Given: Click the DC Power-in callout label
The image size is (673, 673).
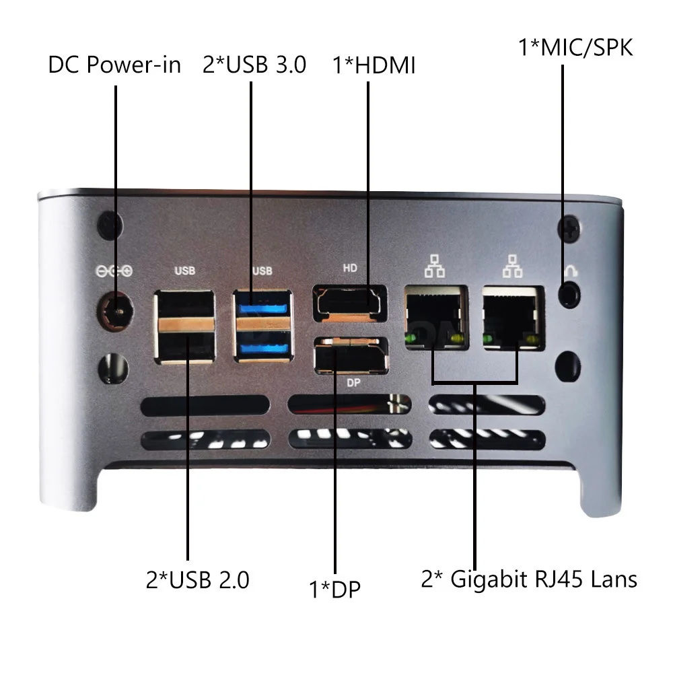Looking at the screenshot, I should tap(114, 65).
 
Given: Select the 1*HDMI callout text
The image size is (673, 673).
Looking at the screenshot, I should tap(374, 66).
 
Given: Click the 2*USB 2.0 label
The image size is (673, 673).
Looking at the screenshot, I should tap(197, 579).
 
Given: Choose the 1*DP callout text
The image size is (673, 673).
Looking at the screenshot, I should tap(334, 590).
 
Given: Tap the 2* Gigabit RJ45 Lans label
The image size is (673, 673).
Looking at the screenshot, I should tap(529, 579).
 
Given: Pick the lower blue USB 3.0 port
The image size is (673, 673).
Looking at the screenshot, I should tap(263, 348).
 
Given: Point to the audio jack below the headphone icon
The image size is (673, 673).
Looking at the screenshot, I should tap(570, 294).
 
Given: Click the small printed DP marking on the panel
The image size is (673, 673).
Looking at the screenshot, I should tap(351, 381).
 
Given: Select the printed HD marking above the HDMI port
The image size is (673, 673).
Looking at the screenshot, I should tap(350, 268).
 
